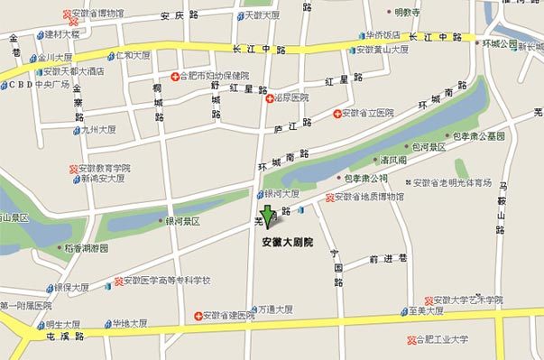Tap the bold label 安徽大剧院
[x=287, y=243]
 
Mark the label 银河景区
[x=181, y=220]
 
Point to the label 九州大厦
[x=98, y=130]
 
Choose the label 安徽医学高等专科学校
[x=166, y=281]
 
